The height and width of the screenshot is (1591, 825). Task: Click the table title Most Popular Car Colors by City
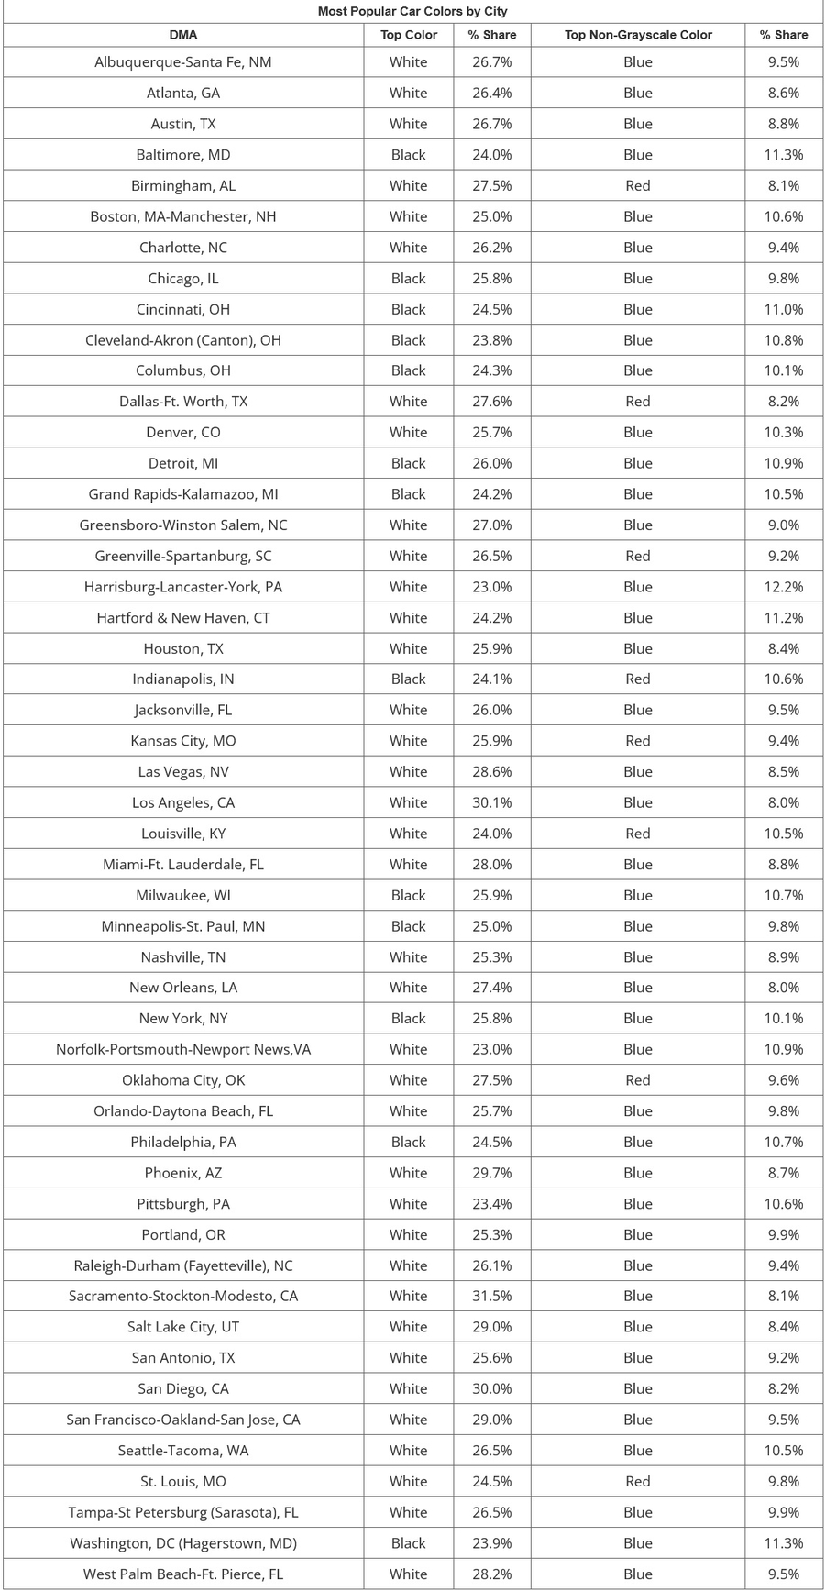click(x=412, y=11)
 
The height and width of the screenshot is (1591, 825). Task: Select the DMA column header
click(x=183, y=35)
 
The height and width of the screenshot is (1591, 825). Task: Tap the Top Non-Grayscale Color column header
click(x=638, y=35)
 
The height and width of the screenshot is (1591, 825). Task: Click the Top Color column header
click(x=409, y=35)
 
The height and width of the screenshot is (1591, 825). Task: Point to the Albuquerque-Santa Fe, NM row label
click(x=183, y=62)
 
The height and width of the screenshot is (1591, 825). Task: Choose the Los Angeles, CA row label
click(x=183, y=802)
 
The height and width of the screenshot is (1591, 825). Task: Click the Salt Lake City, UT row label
click(x=183, y=1327)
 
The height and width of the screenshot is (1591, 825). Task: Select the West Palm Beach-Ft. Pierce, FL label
click(x=183, y=1574)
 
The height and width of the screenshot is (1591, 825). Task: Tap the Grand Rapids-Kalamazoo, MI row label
click(x=183, y=494)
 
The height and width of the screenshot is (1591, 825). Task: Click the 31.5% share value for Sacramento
click(x=492, y=1296)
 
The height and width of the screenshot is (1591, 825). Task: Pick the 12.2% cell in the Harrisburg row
click(x=784, y=587)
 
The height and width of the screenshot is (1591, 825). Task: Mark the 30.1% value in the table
click(x=492, y=802)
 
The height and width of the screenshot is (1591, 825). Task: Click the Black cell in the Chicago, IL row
click(x=409, y=279)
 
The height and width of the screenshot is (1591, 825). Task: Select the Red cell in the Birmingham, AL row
click(x=638, y=186)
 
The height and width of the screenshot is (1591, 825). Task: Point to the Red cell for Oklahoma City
click(x=638, y=1080)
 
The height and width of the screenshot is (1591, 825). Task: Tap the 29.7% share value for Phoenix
click(x=492, y=1173)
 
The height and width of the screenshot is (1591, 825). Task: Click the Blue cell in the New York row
click(x=638, y=1018)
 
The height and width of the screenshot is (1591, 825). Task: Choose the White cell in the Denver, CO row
click(x=409, y=433)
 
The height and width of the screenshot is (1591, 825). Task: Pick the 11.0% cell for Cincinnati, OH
click(x=784, y=309)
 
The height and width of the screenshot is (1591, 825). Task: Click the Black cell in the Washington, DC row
click(x=409, y=1543)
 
